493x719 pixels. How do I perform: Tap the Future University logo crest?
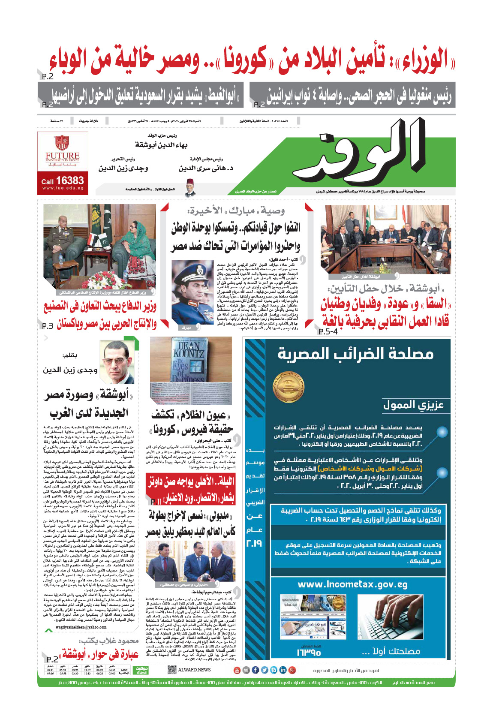click(x=62, y=143)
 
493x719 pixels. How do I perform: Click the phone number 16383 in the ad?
click(x=69, y=181)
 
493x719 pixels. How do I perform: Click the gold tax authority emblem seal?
click(x=289, y=387)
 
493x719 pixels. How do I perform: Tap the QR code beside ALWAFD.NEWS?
click(x=172, y=670)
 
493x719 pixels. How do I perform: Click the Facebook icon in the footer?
click(x=256, y=670)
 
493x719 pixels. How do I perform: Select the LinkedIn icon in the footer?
click(x=283, y=670)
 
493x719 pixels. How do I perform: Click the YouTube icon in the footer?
click(x=237, y=670)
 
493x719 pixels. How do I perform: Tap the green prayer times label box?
click(x=141, y=670)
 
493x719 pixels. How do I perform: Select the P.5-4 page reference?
click(x=328, y=331)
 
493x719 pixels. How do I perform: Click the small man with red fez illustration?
click(x=190, y=188)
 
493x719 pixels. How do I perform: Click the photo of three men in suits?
click(x=190, y=561)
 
